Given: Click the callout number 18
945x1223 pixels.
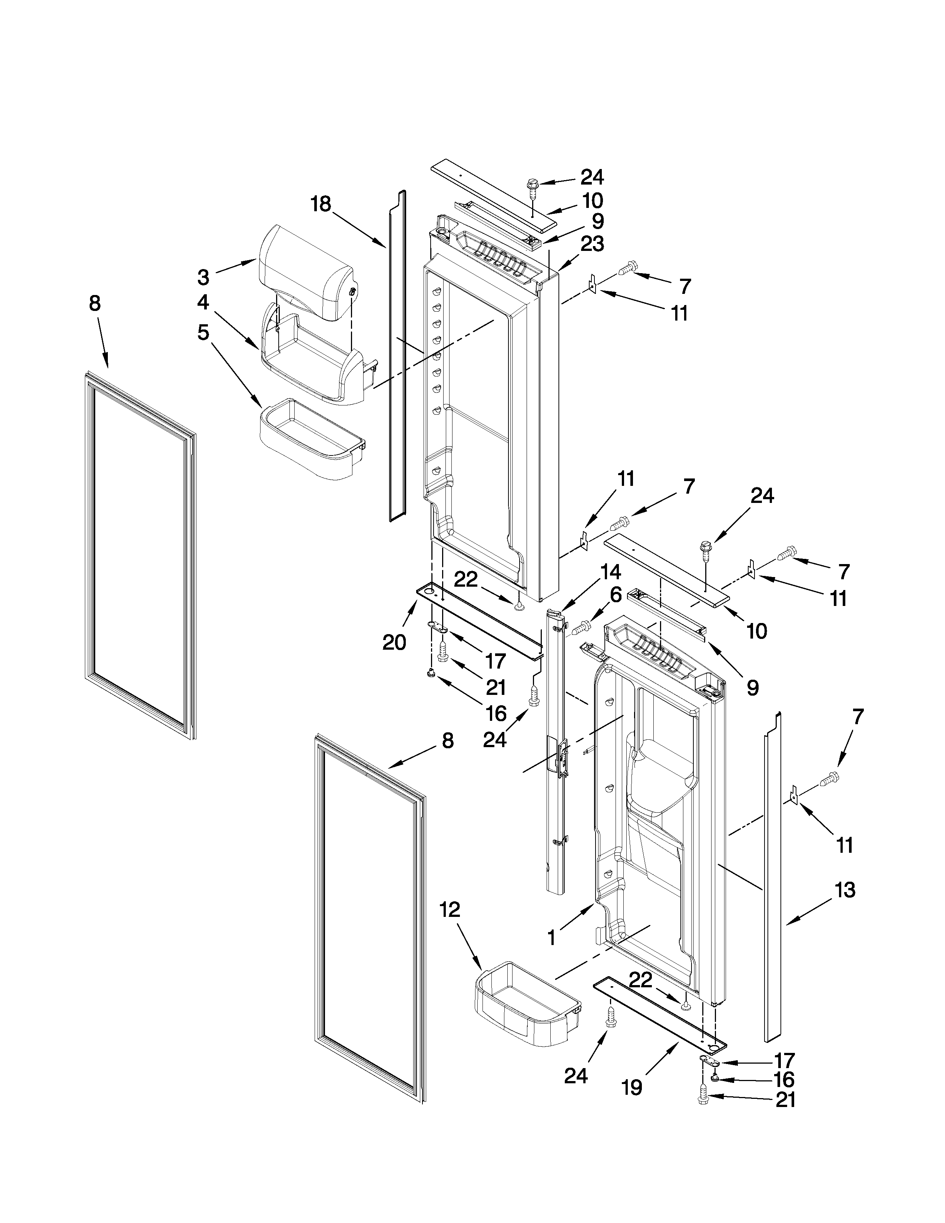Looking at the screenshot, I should (x=321, y=205).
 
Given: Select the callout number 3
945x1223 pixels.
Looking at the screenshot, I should (x=203, y=276).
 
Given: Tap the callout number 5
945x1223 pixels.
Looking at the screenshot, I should (x=203, y=333).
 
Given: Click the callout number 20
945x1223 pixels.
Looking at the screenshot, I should (x=394, y=642).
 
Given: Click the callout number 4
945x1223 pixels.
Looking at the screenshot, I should (x=203, y=302).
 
